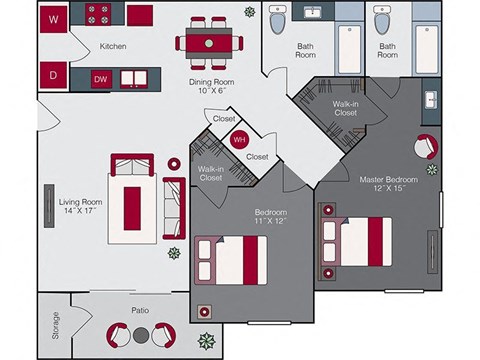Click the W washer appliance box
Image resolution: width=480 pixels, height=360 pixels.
(x=55, y=17)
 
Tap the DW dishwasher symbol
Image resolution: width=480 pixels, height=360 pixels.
(x=100, y=78)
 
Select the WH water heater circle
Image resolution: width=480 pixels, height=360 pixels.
(x=239, y=140)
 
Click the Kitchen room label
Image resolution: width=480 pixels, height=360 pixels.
(x=113, y=46)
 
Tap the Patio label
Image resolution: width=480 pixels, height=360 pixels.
(x=140, y=309)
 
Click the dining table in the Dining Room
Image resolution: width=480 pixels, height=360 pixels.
(x=208, y=42)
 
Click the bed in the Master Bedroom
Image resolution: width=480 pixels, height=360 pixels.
(x=362, y=238)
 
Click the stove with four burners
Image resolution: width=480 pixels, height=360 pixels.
(x=97, y=15)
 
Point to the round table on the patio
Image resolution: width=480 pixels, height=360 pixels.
(x=141, y=334)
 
